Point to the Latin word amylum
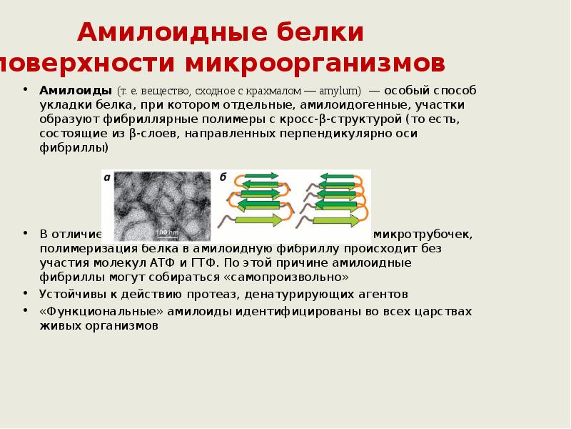coord(341,92)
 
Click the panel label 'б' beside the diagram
coord(223,177)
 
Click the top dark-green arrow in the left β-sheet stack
coord(263,175)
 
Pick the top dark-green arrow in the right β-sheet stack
coord(338,175)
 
